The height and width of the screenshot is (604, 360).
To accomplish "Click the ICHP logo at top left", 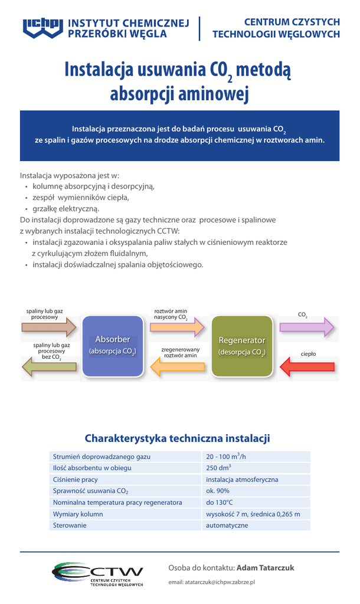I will [43, 28].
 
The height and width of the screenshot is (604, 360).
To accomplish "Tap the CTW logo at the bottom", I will [97, 574].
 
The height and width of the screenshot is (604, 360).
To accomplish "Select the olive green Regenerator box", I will [242, 346].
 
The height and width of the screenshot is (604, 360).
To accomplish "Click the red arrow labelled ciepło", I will [307, 368].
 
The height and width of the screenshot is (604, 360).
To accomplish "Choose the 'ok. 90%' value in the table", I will [218, 491].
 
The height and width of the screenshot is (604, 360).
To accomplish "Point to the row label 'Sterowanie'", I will [70, 525].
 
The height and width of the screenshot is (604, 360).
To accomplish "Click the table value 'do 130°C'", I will [220, 503].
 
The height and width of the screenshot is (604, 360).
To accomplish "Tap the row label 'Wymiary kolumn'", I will [78, 514].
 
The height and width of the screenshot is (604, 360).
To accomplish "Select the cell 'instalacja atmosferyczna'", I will [242, 480].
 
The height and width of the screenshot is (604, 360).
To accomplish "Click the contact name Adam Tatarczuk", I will [265, 568].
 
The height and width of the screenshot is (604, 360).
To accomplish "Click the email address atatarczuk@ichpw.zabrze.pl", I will [211, 582].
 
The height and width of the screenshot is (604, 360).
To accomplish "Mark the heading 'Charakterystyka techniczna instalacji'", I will [177, 438].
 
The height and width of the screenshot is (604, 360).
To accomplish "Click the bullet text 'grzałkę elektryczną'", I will [66, 209].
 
